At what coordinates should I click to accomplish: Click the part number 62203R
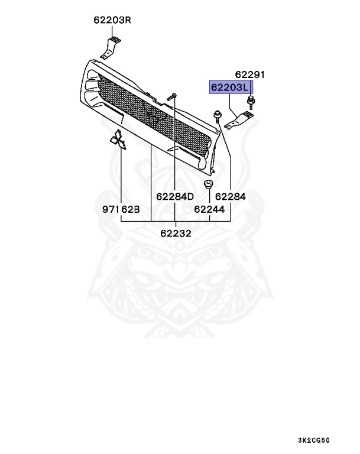coord(112,20)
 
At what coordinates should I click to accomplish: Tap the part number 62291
coord(249,74)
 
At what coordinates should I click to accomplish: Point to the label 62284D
coord(175,197)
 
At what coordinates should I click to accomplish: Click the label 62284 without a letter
coord(231,197)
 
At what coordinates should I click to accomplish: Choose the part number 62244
coord(209,209)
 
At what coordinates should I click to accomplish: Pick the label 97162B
coord(121,209)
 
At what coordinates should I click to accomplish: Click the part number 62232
coord(176,234)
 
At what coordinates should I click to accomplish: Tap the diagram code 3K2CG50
coord(314,440)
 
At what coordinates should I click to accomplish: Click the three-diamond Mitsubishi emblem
coord(118,140)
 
